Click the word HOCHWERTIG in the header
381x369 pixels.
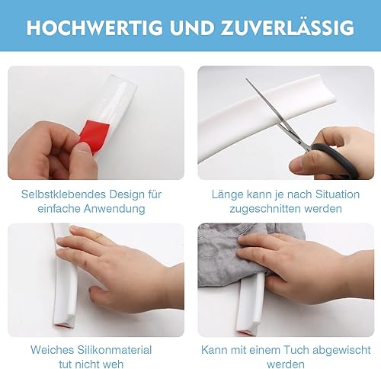(x=94, y=27)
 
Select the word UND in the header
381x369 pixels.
(x=192, y=27)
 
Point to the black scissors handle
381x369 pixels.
(x=335, y=159)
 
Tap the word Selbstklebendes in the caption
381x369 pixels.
(x=63, y=194)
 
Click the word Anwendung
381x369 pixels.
(x=114, y=209)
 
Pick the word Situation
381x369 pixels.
(x=338, y=194)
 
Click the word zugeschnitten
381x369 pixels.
(x=265, y=209)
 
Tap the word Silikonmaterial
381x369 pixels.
(x=114, y=350)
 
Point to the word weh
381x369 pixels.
(x=114, y=364)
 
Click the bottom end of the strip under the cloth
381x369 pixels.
(x=245, y=333)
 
